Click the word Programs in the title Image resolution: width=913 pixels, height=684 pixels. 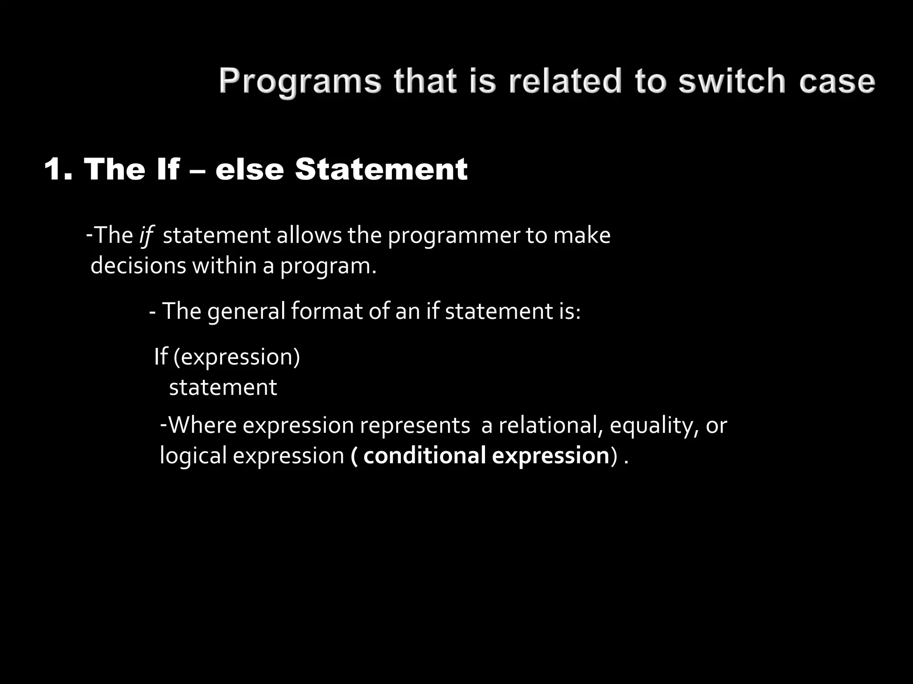[300, 82]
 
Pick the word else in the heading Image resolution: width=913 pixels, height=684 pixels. [250, 169]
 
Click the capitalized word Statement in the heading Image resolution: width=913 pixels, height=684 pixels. [381, 169]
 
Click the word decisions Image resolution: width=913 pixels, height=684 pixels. [138, 266]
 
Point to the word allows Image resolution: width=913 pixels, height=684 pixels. [309, 235]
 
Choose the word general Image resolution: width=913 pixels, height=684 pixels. [246, 311]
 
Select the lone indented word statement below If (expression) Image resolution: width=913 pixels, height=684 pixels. [223, 387]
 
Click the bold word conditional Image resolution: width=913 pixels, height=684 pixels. [424, 456]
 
